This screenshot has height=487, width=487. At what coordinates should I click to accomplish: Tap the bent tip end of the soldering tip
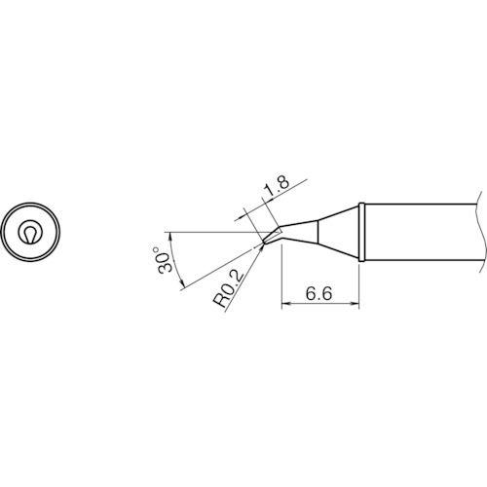tap(265, 240)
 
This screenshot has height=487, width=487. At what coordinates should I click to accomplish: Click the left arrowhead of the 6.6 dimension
tap(284, 304)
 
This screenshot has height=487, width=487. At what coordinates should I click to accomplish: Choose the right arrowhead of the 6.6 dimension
tap(358, 304)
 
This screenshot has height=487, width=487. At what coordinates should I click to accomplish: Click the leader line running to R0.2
tap(245, 269)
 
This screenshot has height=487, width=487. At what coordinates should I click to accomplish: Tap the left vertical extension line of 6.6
tap(281, 278)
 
